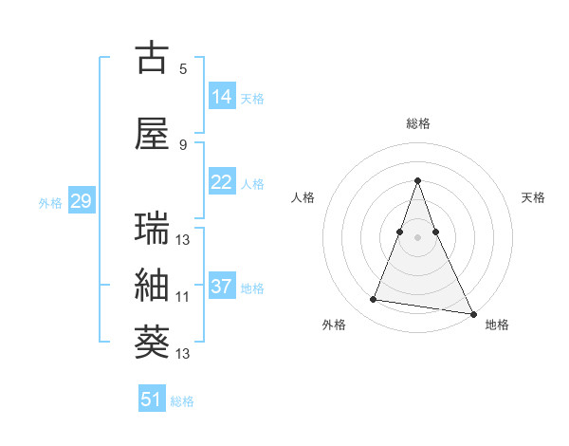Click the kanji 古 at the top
tap(152, 59)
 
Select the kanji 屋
tap(152, 135)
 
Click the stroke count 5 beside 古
tap(182, 69)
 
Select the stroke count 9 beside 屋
tap(182, 144)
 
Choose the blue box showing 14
tap(222, 97)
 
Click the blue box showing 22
tap(222, 182)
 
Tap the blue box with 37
tap(222, 287)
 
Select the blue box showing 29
tap(81, 201)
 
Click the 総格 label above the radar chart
tap(418, 123)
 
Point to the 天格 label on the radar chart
tap(533, 197)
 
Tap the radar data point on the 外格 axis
tap(374, 300)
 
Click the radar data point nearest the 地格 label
tap(472, 314)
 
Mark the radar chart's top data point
tap(418, 180)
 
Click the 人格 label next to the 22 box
tap(252, 183)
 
